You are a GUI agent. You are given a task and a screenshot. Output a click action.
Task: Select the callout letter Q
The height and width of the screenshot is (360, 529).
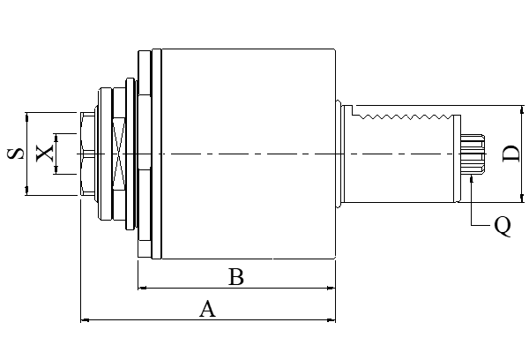(502, 226)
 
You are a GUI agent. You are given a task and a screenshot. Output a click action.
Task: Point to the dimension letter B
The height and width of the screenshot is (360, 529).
(235, 277)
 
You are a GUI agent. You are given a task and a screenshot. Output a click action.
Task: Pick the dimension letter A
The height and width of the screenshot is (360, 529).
(207, 309)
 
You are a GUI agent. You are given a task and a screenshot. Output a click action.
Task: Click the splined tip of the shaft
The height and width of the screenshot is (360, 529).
(473, 155)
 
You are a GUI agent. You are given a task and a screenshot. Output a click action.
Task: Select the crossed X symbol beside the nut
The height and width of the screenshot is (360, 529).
(118, 154)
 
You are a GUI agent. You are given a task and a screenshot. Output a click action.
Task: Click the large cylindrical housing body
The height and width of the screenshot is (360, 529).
(247, 154)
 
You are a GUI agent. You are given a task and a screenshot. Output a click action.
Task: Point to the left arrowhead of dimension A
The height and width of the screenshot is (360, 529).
(85, 319)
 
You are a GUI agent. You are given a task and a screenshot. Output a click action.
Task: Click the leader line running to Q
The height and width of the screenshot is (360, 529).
(473, 207)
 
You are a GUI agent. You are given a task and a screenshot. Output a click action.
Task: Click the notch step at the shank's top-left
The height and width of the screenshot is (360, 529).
(349, 109)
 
